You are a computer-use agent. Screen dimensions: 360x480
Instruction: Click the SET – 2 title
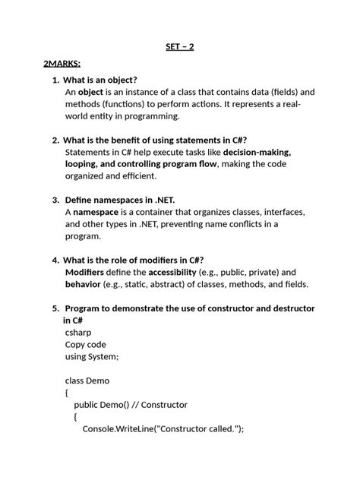pyautogui.click(x=180, y=47)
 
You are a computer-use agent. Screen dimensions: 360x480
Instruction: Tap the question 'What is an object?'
pyautogui.click(x=99, y=79)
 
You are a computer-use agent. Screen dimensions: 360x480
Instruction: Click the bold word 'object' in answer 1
pyautogui.click(x=90, y=92)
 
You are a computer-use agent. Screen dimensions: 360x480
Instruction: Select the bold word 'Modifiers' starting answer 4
pyautogui.click(x=85, y=271)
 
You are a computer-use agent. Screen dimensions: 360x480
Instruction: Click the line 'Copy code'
pyautogui.click(x=86, y=344)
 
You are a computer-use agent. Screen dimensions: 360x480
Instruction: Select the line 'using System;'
pyautogui.click(x=92, y=356)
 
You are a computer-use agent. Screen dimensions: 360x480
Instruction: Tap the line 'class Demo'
pyautogui.click(x=87, y=381)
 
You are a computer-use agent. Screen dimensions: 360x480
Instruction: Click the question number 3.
pyautogui.click(x=55, y=199)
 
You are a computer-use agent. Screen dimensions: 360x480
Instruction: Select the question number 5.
pyautogui.click(x=55, y=308)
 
